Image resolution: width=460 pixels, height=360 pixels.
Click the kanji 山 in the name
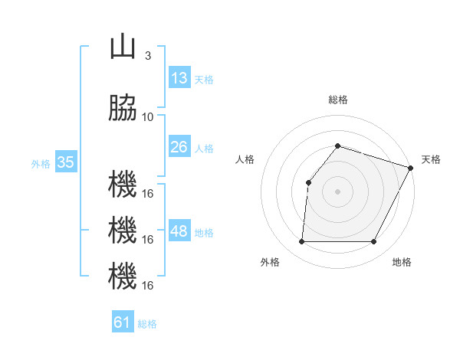click(123, 47)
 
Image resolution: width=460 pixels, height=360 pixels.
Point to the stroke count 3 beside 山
click(147, 56)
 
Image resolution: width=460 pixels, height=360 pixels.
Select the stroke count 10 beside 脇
click(148, 116)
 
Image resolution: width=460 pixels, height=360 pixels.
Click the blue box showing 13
click(179, 78)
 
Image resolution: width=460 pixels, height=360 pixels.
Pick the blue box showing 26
click(179, 147)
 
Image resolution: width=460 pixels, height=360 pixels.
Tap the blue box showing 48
click(179, 231)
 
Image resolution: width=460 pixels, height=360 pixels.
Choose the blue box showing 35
click(66, 162)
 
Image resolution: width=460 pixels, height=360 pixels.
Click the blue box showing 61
click(123, 322)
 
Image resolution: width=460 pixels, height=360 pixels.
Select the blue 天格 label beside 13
click(204, 79)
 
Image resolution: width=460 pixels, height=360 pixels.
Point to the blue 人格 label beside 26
click(204, 148)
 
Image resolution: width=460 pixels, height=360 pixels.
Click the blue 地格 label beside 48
click(204, 232)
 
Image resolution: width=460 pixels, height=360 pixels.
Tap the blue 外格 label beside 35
click(41, 163)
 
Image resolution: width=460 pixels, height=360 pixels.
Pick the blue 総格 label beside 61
click(147, 323)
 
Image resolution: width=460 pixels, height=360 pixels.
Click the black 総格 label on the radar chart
click(337, 100)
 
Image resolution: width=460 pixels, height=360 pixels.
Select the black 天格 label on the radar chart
click(431, 159)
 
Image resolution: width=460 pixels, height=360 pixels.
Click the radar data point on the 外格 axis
click(301, 242)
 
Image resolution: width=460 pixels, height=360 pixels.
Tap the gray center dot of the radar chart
click(337, 191)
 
